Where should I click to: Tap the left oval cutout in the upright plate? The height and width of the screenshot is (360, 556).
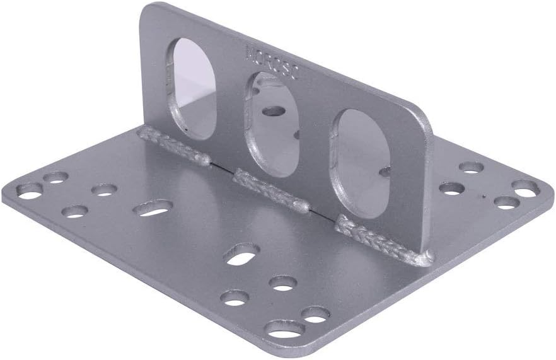(x=194, y=88)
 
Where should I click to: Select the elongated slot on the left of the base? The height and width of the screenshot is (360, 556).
(x=153, y=207)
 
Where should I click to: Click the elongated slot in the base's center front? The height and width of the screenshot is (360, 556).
(x=241, y=253)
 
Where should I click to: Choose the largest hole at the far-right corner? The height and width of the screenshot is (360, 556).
(x=525, y=188)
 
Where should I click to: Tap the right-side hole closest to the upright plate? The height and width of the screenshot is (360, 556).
(x=451, y=188)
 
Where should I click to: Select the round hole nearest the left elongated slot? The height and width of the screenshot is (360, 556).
(x=104, y=189)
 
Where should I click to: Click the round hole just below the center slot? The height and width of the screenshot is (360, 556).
(x=284, y=283)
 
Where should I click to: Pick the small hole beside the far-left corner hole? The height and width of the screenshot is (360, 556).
(x=56, y=177)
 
